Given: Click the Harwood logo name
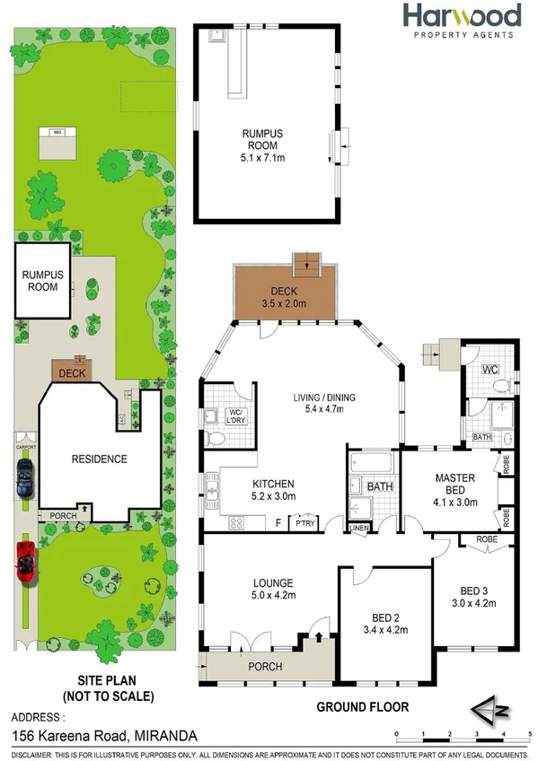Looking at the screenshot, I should (461, 16).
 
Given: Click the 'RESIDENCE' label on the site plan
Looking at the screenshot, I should (99, 459).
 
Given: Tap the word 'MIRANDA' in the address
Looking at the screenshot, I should (167, 736).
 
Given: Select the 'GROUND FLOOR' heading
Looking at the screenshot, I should (362, 707).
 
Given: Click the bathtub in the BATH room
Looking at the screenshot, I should (372, 464).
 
